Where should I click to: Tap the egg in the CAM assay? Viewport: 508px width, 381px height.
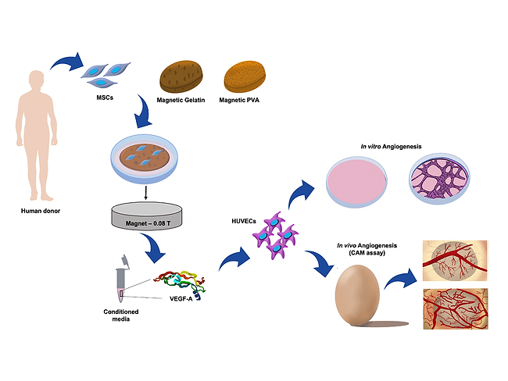tap(357, 295)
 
